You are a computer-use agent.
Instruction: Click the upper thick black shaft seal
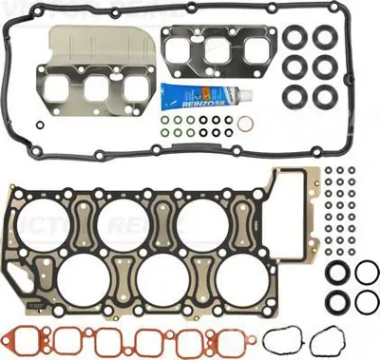[336, 275]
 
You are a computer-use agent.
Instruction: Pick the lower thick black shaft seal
[336, 305]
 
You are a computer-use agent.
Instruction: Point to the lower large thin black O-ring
[366, 305]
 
